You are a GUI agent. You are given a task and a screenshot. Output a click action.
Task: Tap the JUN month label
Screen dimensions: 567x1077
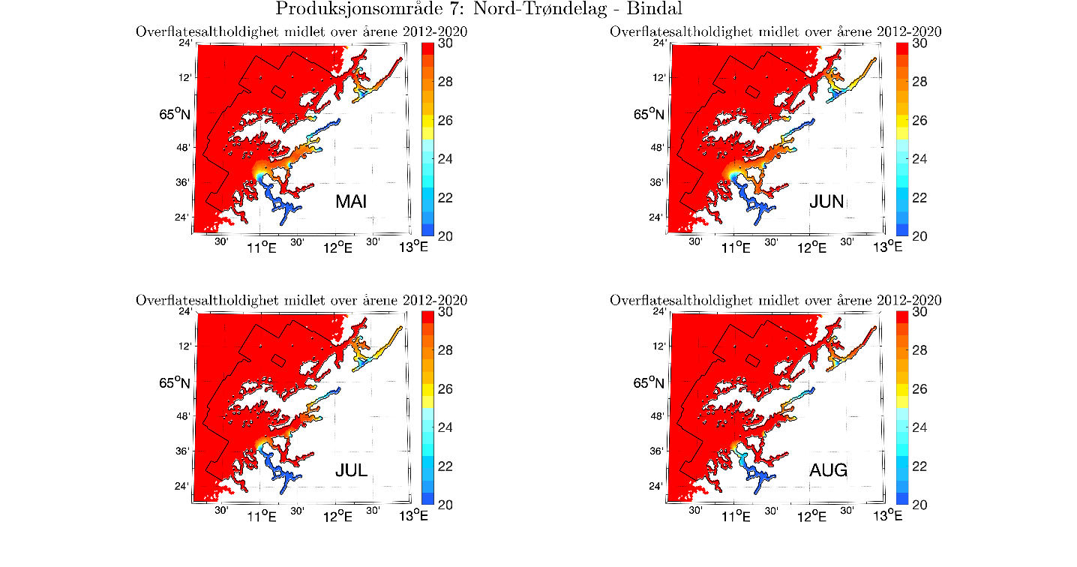tap(826, 202)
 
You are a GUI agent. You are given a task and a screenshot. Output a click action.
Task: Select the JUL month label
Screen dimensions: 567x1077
tap(352, 471)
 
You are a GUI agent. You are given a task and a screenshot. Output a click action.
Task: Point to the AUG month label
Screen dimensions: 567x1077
tap(829, 471)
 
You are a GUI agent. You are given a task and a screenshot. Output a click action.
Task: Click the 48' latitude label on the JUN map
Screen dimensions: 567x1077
tap(657, 147)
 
